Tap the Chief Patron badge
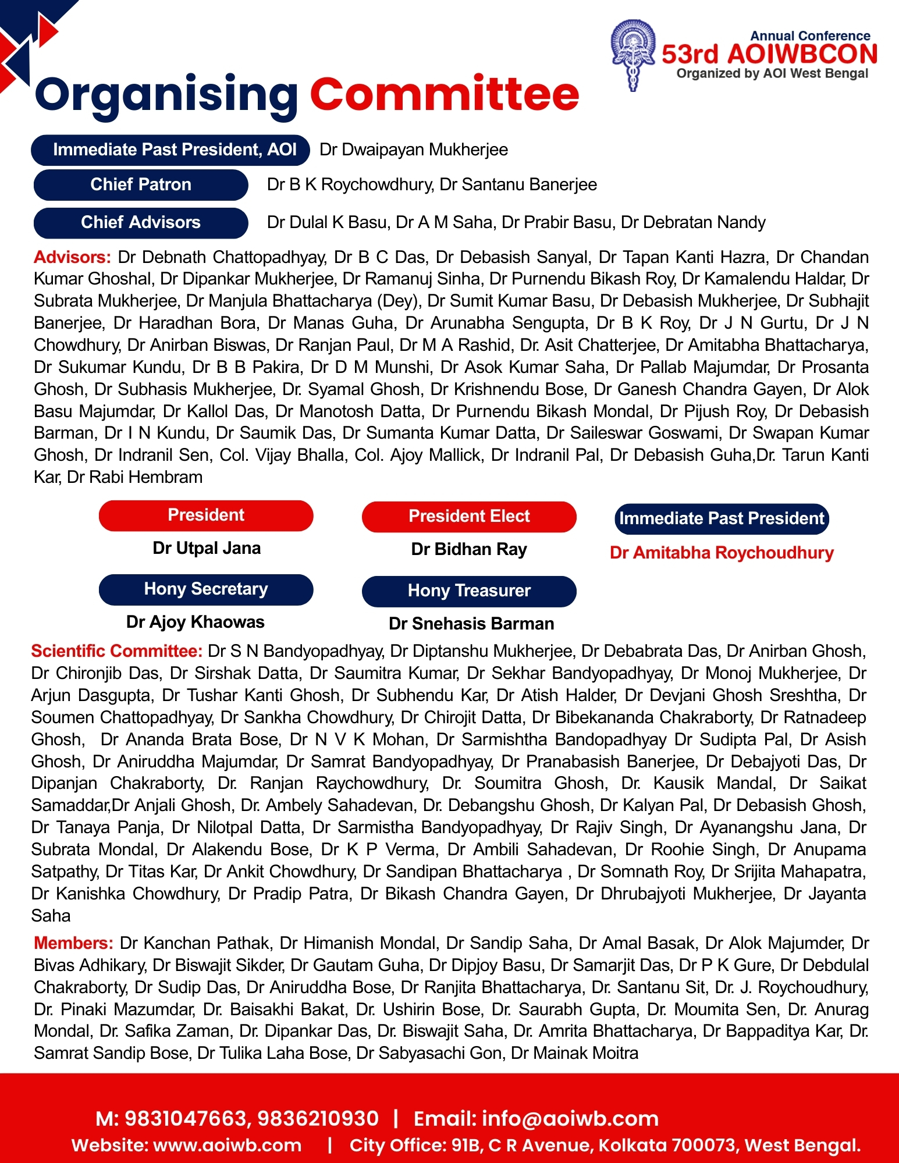point(141,185)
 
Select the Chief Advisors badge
point(141,222)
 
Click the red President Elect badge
point(469,517)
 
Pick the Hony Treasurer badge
point(469,591)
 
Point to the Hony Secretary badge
point(206,589)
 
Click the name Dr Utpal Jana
point(207,548)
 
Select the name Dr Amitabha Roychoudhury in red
point(722,553)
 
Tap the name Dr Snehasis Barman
point(471,624)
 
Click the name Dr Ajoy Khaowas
point(196,622)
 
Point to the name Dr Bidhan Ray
point(469,549)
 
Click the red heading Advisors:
point(72,257)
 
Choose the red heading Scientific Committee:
point(117,651)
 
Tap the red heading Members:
point(73,943)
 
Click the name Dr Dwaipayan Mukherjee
point(414,150)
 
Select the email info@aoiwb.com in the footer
point(570,1119)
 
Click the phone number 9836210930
point(318,1119)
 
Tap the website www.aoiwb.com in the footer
point(228,1146)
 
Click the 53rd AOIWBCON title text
point(769,54)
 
